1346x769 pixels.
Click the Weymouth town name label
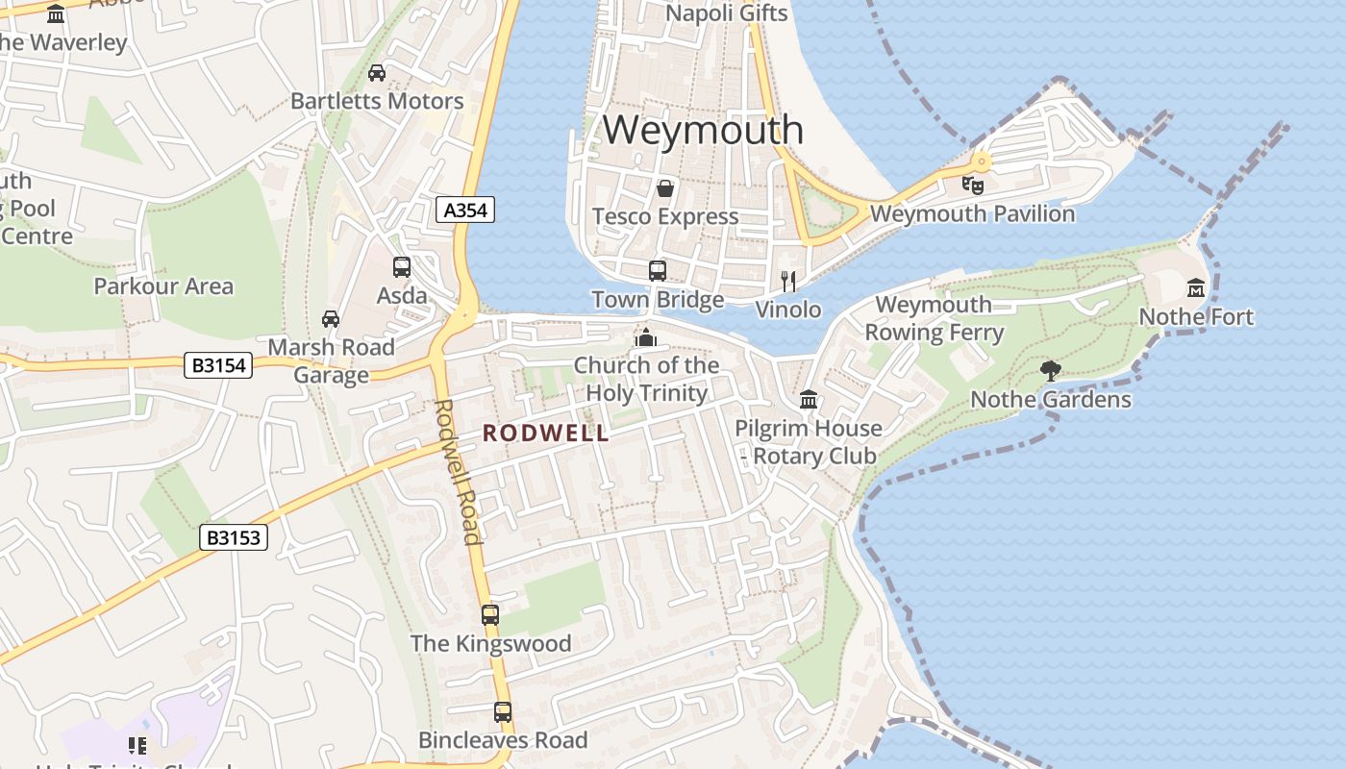pos(703,130)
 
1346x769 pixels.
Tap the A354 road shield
pos(466,211)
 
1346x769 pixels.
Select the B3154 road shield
pos(217,365)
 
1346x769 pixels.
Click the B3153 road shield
pos(234,537)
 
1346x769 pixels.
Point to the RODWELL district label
pos(546,434)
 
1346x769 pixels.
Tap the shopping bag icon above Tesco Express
pos(664,187)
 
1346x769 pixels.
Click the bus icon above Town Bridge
pos(658,271)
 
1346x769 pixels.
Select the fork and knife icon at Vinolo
pos(788,281)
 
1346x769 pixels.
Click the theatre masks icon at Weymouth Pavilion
pos(972,185)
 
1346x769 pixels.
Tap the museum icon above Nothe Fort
pos(1196,287)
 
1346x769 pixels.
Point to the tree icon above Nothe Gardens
pos(1051,370)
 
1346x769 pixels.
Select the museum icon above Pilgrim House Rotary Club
pos(809,399)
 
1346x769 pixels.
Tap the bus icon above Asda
pos(402,267)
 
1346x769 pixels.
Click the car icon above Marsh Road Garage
pos(331,318)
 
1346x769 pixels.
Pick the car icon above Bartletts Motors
pos(377,72)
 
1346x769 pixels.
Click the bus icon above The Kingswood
pos(490,614)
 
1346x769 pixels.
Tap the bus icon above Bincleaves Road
pos(503,712)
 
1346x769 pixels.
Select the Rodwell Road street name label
pos(458,471)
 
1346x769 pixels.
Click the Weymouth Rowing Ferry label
pos(934,319)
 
